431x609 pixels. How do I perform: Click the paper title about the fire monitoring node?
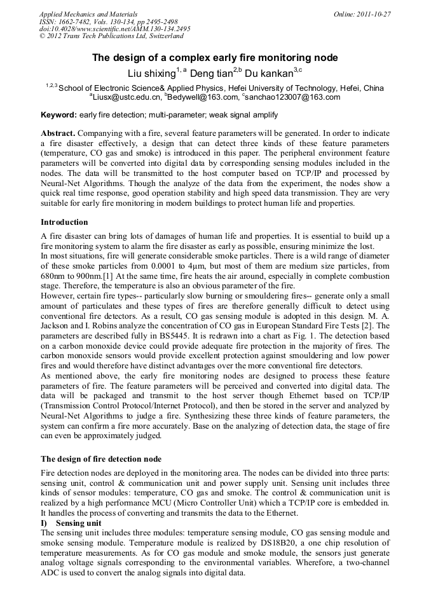(215, 58)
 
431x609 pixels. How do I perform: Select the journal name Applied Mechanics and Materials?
(88, 14)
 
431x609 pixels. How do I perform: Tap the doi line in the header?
(114, 29)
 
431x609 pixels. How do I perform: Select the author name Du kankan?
(268, 74)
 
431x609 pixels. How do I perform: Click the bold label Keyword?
(58, 115)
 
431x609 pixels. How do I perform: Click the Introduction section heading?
(64, 222)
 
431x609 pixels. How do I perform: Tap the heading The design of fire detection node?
(101, 458)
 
